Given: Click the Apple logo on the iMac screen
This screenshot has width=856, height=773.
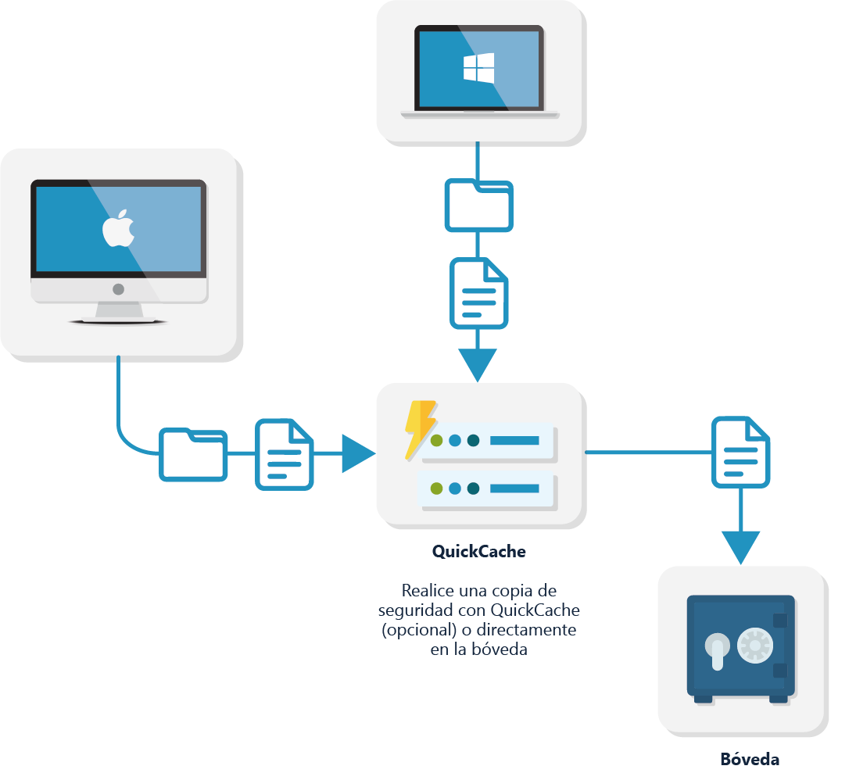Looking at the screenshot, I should point(118,228).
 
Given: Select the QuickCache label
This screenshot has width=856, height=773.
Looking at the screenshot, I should point(478,551).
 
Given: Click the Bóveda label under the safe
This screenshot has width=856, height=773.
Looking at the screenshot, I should point(749,759).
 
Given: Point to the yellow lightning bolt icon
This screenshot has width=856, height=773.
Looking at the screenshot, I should point(420,428).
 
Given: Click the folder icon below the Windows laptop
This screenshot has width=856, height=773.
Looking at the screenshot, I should point(478,205).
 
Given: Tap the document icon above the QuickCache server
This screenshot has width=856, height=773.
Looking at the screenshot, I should point(478,294).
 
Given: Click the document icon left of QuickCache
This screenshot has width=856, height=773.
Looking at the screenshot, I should point(284,455).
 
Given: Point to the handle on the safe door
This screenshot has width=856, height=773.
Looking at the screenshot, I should point(716,650).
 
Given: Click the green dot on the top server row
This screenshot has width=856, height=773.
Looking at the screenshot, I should point(436,441).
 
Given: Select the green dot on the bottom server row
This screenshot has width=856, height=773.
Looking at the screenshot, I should point(436,488).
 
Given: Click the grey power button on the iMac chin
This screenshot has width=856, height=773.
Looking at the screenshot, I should point(118,289).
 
